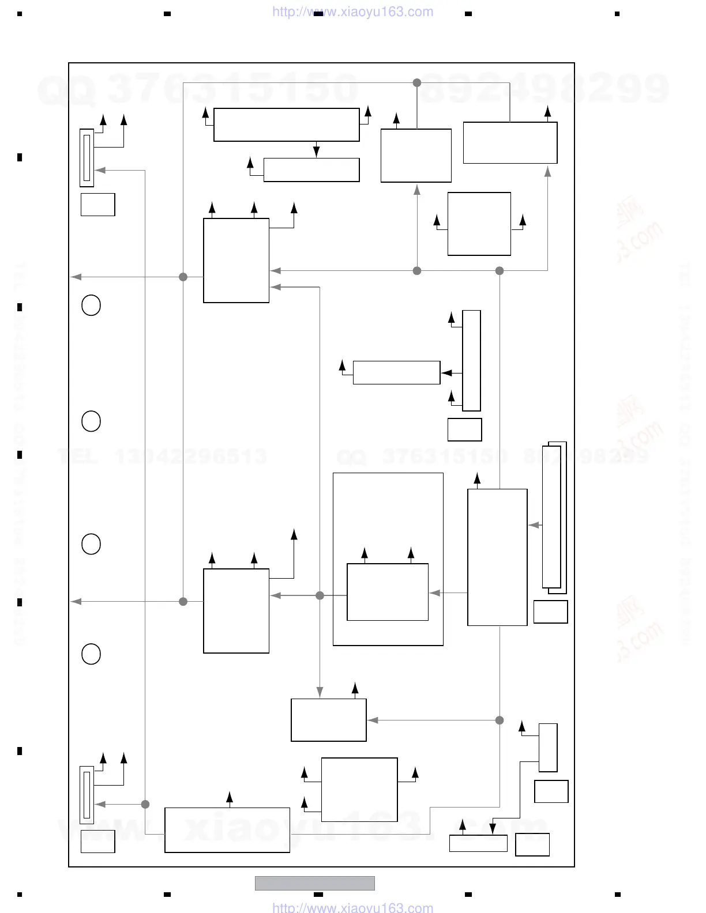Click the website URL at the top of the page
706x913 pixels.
[352, 12]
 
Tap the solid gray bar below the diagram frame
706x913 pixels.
[315, 882]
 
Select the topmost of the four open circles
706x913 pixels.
[91, 305]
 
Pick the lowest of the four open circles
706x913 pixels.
[91, 654]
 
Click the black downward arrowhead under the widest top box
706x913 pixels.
[316, 152]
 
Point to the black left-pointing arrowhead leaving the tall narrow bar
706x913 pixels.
[446, 373]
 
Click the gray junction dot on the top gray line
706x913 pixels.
[417, 83]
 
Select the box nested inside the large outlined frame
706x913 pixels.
[388, 592]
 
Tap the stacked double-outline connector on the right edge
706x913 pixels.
[554, 518]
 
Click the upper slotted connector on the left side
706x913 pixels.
[87, 158]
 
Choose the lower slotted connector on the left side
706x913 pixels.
[87, 795]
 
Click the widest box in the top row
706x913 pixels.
[287, 124]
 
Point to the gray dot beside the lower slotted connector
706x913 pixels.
[145, 804]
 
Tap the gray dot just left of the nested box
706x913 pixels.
[320, 595]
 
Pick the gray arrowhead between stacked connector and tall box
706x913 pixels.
[534, 525]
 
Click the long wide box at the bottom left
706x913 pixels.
[227, 830]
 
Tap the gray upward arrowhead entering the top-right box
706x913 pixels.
[547, 170]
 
